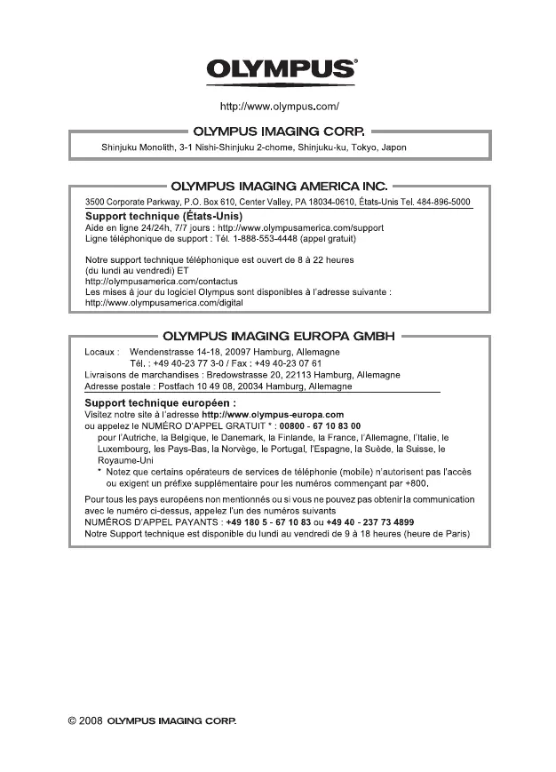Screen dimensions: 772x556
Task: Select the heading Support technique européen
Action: [160, 402]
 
